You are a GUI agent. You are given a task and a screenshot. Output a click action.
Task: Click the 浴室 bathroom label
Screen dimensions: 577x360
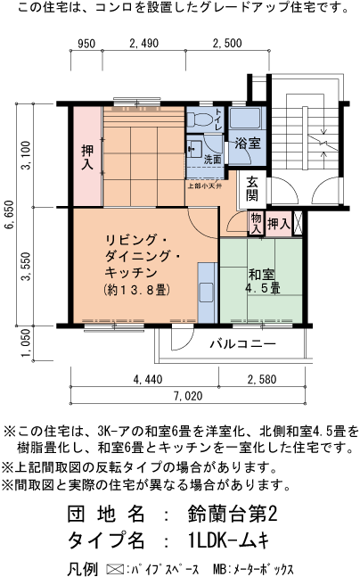point(247,143)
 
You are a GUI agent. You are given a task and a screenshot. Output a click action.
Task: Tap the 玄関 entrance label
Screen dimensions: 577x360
point(253,188)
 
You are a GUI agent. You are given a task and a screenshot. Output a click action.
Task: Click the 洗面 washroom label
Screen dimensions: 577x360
point(211,160)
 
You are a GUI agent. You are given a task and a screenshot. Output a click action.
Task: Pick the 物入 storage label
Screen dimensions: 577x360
point(255,223)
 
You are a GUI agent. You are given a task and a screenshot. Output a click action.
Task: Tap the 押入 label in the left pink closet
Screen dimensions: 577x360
point(86,157)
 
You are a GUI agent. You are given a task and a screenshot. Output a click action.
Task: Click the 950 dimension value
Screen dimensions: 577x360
point(86,44)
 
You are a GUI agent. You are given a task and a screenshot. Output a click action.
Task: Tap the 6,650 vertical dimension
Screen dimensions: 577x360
point(9,216)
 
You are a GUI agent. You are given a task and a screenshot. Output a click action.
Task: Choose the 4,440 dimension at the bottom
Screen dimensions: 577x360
point(147,381)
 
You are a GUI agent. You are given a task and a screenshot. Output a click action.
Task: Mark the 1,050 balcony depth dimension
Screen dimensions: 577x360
point(26,342)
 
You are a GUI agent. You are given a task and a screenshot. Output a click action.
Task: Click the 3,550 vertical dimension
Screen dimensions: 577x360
point(26,266)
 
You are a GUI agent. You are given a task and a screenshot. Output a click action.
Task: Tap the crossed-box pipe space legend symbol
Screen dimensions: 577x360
point(113,567)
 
